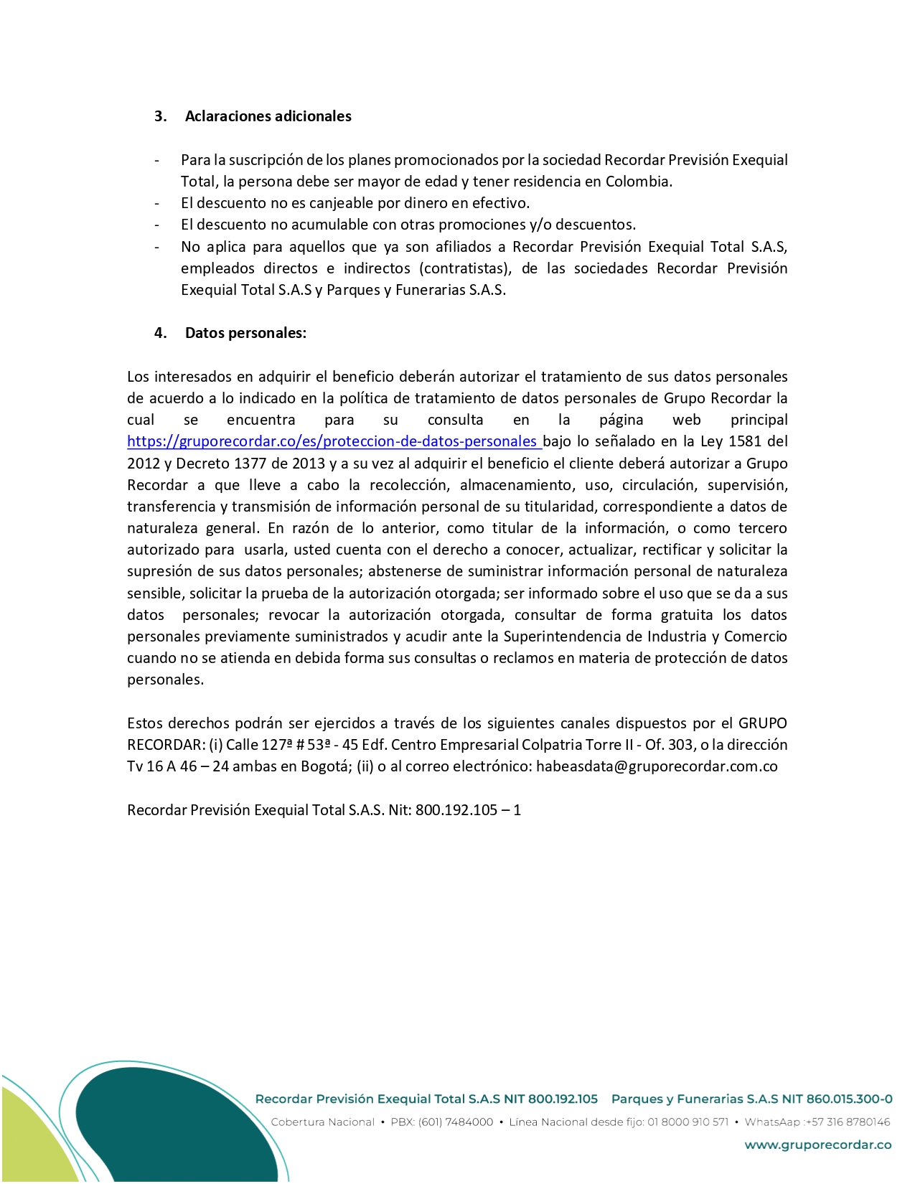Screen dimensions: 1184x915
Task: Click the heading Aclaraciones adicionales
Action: (268, 116)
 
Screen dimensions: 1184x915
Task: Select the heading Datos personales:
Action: (245, 333)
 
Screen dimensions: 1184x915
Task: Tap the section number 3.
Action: (160, 116)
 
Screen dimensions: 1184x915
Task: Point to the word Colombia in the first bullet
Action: (638, 182)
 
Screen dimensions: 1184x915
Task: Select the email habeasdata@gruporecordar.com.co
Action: (657, 766)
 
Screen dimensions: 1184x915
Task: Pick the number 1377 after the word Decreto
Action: (251, 464)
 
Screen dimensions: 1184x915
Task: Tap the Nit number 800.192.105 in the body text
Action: (456, 810)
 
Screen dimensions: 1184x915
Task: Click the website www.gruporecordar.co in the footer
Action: (817, 1145)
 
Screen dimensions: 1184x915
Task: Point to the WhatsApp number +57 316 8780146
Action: (848, 1122)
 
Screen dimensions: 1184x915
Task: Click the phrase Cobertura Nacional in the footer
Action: (322, 1122)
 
